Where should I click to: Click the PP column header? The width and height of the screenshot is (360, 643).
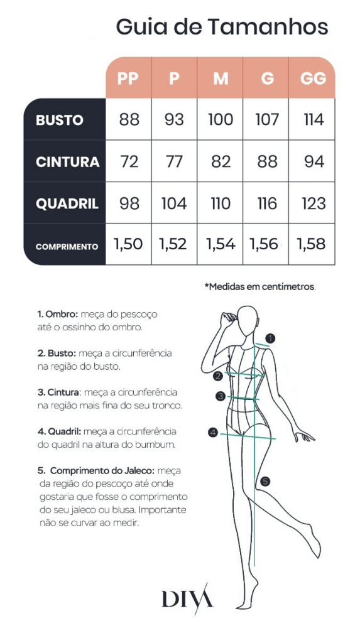click(x=128, y=78)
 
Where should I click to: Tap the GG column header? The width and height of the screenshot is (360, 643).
click(x=314, y=78)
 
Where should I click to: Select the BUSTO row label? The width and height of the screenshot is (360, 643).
click(x=60, y=120)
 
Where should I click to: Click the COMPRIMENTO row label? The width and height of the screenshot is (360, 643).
click(x=67, y=247)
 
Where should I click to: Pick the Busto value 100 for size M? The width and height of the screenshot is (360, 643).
click(x=221, y=120)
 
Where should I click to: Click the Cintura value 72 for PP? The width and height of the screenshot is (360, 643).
click(x=129, y=161)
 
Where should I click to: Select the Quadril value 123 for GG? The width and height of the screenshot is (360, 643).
click(x=313, y=203)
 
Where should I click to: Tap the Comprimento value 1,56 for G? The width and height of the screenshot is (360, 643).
click(x=263, y=244)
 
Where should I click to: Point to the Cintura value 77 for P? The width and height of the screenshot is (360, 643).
click(x=174, y=161)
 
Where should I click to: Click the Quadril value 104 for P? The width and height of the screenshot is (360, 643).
click(x=174, y=203)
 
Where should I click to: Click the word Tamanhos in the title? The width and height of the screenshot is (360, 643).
click(x=268, y=27)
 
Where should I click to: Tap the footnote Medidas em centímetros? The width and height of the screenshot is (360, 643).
click(x=260, y=286)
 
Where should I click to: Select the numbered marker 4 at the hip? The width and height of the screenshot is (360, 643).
click(x=212, y=432)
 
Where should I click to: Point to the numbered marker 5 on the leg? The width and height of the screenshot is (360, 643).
click(x=265, y=482)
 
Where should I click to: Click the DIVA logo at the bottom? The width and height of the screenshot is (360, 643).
click(x=187, y=599)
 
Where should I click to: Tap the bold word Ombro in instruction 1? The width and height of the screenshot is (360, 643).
click(x=62, y=315)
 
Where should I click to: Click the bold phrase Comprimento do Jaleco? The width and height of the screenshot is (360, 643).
click(x=102, y=470)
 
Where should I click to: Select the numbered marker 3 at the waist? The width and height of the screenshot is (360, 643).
click(x=221, y=396)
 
